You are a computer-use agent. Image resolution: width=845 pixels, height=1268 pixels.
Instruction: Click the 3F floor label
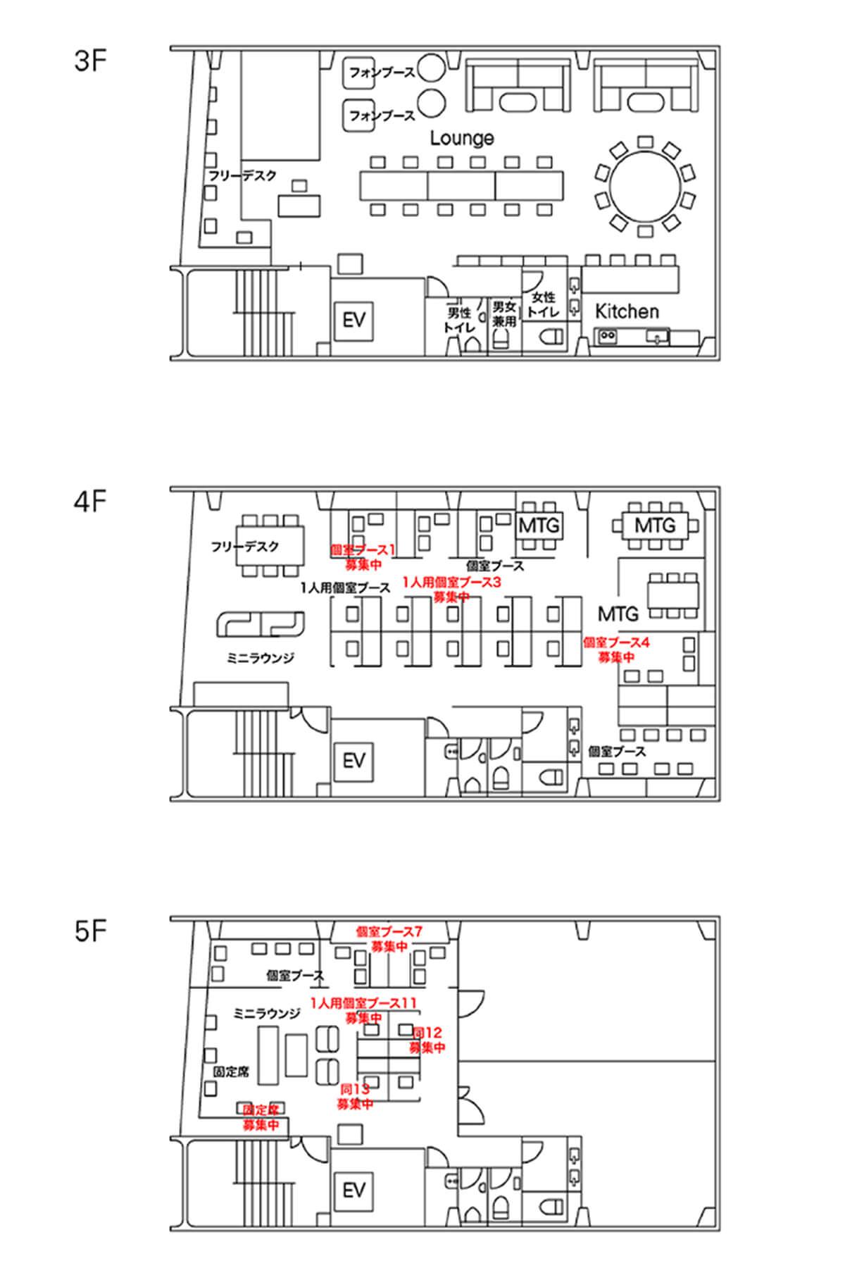(90, 61)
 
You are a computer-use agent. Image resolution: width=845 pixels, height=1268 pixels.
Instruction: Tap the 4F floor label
(90, 503)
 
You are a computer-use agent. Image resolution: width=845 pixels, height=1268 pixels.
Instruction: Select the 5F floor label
(90, 933)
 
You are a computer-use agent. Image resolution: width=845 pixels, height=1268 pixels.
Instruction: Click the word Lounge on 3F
(462, 138)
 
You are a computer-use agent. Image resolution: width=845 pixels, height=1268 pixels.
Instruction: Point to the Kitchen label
(627, 311)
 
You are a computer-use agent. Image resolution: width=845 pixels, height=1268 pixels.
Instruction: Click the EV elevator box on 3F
(354, 321)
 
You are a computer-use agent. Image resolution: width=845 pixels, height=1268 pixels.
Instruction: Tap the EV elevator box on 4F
(354, 761)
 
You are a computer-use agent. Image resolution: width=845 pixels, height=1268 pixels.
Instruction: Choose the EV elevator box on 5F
(354, 1190)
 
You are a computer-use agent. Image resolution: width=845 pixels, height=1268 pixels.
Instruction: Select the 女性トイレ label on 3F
(543, 304)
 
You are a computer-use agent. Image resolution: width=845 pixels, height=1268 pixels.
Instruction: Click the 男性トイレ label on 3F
(459, 320)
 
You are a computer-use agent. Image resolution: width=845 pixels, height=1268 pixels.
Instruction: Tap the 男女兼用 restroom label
(504, 313)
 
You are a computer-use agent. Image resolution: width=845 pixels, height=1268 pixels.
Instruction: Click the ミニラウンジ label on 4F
(260, 658)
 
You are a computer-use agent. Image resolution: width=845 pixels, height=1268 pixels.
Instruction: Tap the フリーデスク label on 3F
(243, 175)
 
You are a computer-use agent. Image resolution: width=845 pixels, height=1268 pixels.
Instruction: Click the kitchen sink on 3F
(658, 337)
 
